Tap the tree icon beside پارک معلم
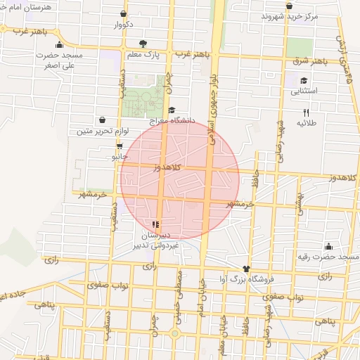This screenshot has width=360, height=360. click(143, 43)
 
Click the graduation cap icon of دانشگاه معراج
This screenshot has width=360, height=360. click(172, 110)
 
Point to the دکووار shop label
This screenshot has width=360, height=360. click(124, 24)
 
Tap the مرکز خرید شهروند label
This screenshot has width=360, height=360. click(290, 15)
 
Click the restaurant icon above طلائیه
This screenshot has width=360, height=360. click(306, 112)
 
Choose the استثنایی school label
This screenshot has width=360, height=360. click(304, 91)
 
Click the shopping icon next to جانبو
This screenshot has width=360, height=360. click(120, 146)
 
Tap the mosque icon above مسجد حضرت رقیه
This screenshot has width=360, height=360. click(328, 246)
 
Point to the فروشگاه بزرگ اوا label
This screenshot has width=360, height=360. click(246, 279)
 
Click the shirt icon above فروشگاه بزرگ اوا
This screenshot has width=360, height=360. click(246, 269)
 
